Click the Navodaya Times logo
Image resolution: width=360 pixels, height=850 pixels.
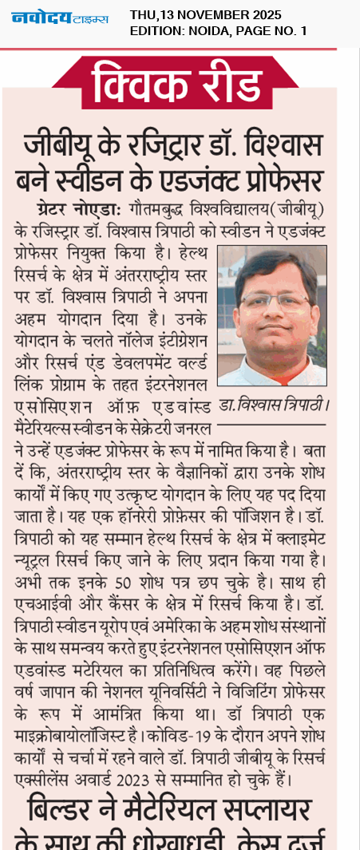pos(60,17)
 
